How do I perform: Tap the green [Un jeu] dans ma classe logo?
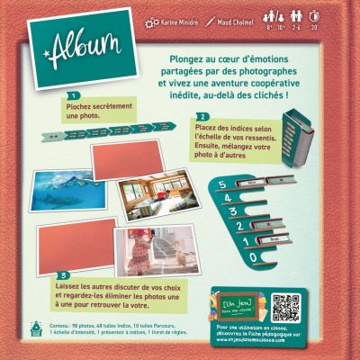coord(236,307)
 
